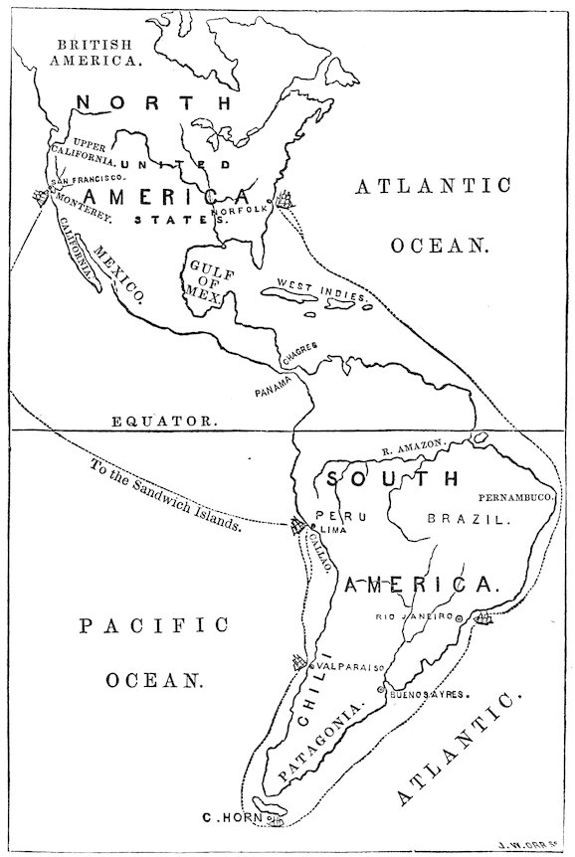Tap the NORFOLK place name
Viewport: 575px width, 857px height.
point(250,209)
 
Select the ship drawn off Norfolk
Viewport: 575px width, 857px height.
point(287,200)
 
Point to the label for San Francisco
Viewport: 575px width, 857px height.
point(87,179)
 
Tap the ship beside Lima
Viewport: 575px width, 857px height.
point(296,527)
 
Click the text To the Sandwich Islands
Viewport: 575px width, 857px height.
point(165,495)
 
